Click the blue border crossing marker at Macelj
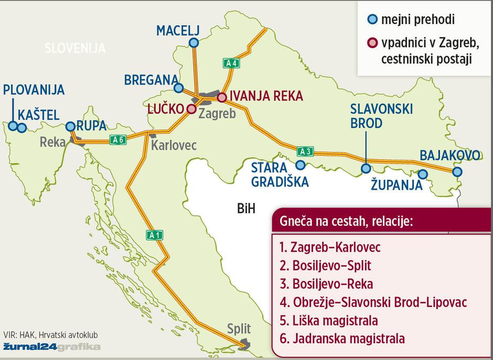pyautogui.click(x=194, y=43)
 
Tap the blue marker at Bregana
pyautogui.click(x=179, y=88)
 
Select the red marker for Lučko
pyautogui.click(x=191, y=109)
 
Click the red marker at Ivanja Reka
pyautogui.click(x=222, y=97)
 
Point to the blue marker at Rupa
pyautogui.click(x=70, y=126)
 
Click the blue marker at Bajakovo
pyautogui.click(x=457, y=171)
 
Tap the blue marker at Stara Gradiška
pyautogui.click(x=300, y=165)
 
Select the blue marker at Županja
pyautogui.click(x=422, y=174)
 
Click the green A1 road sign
pyautogui.click(x=154, y=234)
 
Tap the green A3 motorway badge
pyautogui.click(x=305, y=152)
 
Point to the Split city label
pyautogui.click(x=239, y=329)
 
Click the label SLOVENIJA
pyautogui.click(x=75, y=48)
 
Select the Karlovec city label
pyautogui.click(x=174, y=145)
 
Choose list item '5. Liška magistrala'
pyautogui.click(x=329, y=320)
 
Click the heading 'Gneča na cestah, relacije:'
pyautogui.click(x=346, y=221)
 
